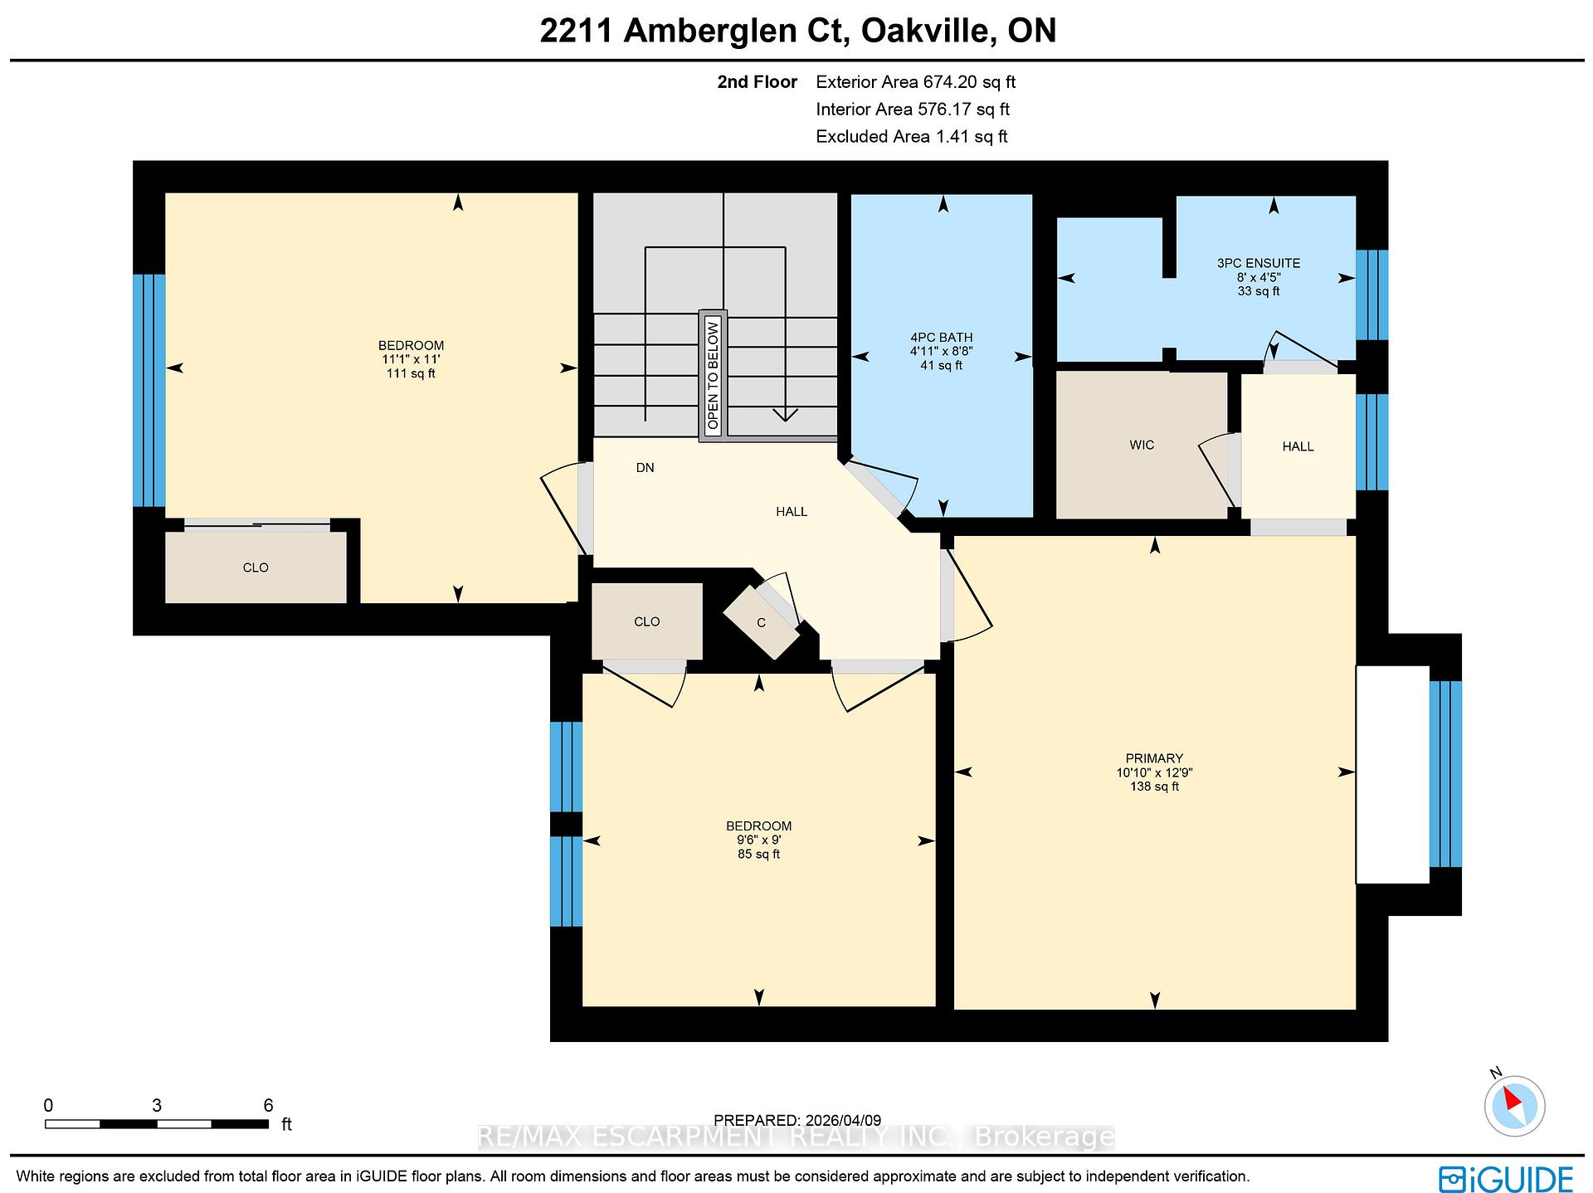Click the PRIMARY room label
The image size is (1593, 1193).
pos(1153,757)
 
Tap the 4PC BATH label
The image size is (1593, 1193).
pos(940,338)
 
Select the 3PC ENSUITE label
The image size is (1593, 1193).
pos(1258,263)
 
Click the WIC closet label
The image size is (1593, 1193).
pos(1141,446)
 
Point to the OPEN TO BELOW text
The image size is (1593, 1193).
pos(713,375)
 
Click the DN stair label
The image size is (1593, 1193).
pos(645,468)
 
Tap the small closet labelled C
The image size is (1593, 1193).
pos(761,622)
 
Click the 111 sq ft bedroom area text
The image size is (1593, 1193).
pos(411,374)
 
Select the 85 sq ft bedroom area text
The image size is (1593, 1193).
pos(758,855)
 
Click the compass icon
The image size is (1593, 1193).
pos(1514,1106)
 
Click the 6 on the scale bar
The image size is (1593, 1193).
pos(268,1105)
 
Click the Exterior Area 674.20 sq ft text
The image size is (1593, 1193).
pos(915,82)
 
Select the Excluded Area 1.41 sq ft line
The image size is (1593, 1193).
pos(911,137)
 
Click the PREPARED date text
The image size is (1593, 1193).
pos(796,1120)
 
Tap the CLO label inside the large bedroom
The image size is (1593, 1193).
pos(255,567)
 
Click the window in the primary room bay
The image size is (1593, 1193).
pos(1444,773)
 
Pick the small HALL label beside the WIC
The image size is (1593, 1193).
pos(1298,446)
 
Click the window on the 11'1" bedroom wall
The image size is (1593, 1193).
pos(149,390)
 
